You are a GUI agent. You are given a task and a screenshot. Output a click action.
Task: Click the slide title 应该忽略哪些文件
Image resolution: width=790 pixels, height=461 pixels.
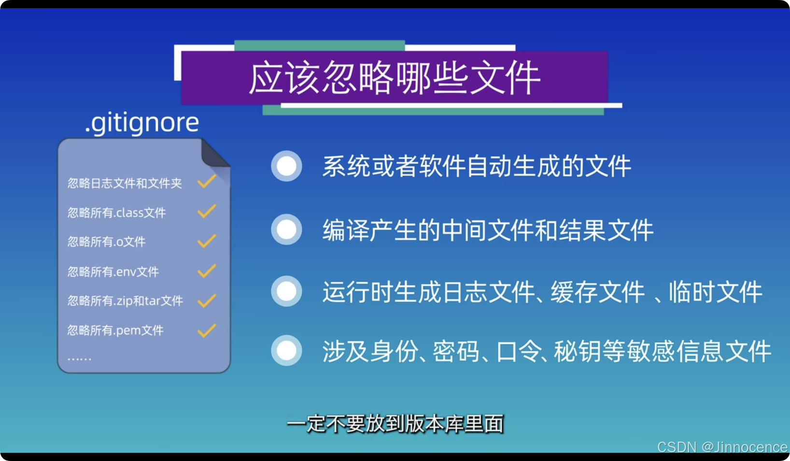394,78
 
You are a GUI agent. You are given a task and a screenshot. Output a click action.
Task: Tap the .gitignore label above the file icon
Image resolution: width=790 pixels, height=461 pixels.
142,123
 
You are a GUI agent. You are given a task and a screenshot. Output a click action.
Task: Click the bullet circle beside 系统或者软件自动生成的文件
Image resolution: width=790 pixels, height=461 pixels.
286,166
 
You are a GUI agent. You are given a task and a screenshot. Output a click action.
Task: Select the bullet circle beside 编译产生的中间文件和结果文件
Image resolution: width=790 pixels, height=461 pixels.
286,230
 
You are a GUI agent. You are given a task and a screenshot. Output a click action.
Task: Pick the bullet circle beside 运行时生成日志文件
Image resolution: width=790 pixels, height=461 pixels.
286,291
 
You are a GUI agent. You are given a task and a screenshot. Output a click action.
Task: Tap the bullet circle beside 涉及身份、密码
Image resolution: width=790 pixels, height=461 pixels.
286,350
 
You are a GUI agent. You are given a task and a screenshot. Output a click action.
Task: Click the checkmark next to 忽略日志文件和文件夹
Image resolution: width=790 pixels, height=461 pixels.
207,182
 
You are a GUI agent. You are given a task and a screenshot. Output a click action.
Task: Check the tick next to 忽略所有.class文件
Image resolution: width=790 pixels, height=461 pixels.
207,211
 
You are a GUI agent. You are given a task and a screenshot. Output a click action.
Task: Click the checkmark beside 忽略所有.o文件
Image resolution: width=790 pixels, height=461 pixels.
207,241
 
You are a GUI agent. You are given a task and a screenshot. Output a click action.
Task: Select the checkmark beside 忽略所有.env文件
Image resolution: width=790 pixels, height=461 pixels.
207,271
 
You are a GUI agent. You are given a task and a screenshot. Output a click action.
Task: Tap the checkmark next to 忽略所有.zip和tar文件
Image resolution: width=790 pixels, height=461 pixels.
207,301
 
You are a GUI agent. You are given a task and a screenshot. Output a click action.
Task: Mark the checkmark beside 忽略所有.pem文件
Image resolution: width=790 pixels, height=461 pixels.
207,331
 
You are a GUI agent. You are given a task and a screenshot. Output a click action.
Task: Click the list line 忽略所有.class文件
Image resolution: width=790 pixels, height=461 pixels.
116,213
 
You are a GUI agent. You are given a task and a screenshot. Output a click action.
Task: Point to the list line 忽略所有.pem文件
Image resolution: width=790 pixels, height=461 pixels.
115,331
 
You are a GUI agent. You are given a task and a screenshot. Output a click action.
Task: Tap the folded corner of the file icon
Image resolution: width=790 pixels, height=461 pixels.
214,154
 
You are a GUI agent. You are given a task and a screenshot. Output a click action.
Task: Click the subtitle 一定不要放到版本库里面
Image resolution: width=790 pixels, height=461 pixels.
395,424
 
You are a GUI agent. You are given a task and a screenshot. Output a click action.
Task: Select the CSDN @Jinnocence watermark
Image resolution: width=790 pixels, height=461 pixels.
722,447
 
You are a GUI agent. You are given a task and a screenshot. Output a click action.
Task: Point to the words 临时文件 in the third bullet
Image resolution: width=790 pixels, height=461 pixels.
715,292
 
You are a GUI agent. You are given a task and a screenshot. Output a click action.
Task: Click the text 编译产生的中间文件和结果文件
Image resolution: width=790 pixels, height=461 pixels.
488,230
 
